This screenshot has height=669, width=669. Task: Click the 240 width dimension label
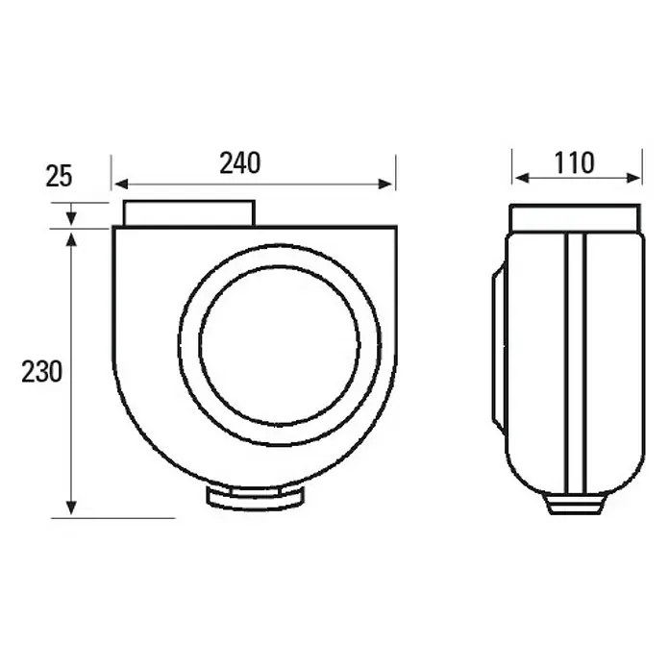[239, 163]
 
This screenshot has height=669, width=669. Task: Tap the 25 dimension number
[59, 176]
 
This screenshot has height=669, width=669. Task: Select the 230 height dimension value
[42, 372]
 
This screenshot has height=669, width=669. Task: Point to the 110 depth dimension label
[574, 163]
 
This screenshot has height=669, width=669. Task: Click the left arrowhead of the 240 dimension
[122, 184]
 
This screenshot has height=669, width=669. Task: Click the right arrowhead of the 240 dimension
[385, 184]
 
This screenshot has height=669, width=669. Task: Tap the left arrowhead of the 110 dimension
[522, 178]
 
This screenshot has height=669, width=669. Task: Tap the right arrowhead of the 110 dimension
[632, 178]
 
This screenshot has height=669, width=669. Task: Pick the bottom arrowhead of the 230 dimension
[71, 508]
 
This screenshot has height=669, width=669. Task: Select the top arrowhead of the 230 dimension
[71, 239]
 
